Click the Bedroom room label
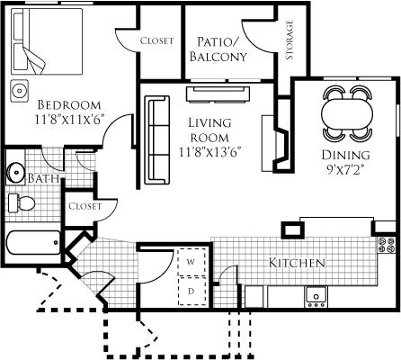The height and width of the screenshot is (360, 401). tap(69, 105)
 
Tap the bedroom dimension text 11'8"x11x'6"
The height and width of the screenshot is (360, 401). tap(69, 120)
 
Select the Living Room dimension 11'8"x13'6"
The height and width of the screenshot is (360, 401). tap(210, 152)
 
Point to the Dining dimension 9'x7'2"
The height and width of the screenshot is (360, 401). tap(345, 170)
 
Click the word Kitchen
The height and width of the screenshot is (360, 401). tap(297, 263)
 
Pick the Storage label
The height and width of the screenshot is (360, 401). tap(290, 40)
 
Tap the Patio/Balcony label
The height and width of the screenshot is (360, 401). tap(218, 49)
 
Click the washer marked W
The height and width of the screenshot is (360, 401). tap(192, 262)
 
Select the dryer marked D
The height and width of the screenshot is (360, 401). tap(192, 291)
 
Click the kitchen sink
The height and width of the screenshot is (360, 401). tap(316, 297)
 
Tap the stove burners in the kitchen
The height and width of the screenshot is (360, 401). tap(387, 245)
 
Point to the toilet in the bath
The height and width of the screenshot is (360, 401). tap(22, 203)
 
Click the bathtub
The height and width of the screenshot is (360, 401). tap(33, 242)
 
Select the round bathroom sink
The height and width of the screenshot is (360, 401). tap(15, 172)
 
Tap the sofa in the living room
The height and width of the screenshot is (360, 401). tap(157, 139)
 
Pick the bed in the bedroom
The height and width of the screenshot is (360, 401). tap(47, 41)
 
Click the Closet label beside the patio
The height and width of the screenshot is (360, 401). tap(156, 40)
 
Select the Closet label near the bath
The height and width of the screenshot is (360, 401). tap(85, 206)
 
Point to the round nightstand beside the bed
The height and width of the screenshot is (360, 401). tap(20, 90)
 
